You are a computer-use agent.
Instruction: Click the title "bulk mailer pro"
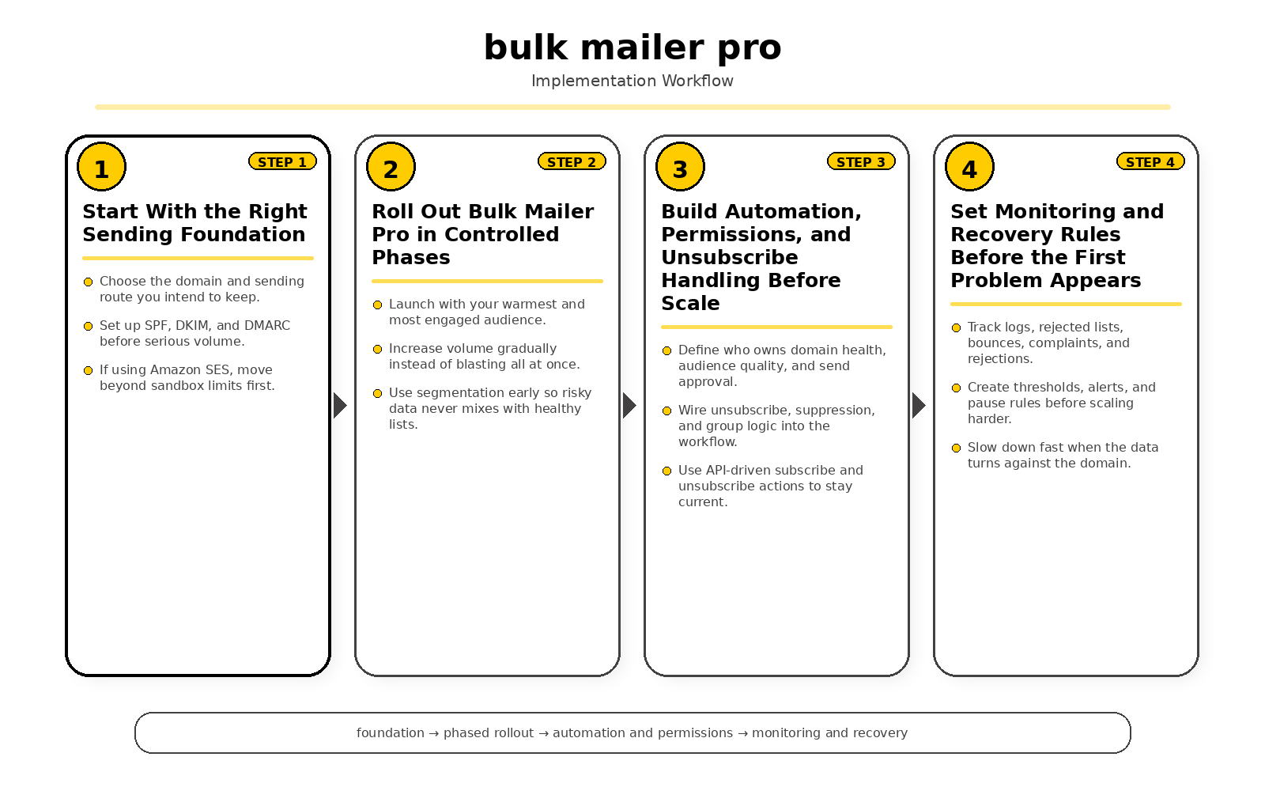click(x=632, y=47)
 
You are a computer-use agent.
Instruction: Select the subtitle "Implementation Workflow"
click(x=632, y=81)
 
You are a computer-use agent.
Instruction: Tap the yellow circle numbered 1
click(x=101, y=168)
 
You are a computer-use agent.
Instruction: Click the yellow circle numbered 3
click(x=680, y=168)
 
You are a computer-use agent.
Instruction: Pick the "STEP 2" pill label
click(x=572, y=161)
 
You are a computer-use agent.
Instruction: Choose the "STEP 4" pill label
click(x=1150, y=161)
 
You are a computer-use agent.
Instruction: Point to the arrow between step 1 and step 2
click(x=340, y=406)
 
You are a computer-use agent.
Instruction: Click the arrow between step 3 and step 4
click(x=919, y=406)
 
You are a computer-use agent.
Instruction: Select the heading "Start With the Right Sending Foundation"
click(x=194, y=223)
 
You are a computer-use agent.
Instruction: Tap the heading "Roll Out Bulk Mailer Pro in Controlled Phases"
click(x=482, y=234)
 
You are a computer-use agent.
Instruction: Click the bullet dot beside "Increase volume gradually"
click(x=377, y=349)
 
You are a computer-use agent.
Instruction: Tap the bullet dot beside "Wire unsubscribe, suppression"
click(x=666, y=411)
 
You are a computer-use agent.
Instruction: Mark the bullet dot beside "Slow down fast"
click(x=956, y=448)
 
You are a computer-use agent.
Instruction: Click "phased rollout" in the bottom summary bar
click(x=489, y=732)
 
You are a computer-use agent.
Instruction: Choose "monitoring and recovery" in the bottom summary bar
click(x=829, y=732)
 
